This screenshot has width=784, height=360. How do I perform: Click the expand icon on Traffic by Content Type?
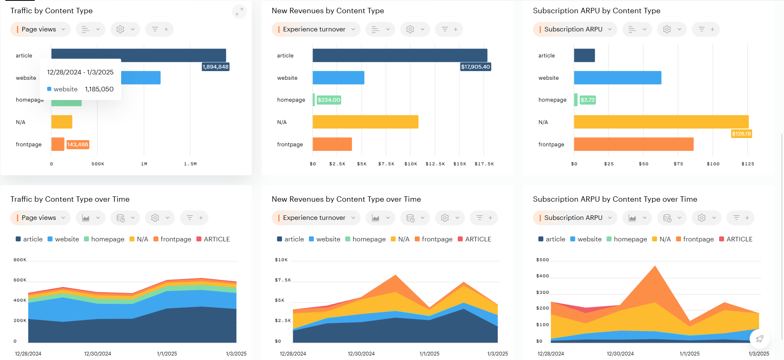[239, 12]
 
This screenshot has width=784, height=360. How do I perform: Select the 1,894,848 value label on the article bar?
[215, 67]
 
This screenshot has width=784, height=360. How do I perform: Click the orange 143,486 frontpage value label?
[78, 145]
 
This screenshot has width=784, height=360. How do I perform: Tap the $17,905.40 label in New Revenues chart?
[476, 67]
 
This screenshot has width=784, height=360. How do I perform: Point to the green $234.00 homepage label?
[329, 100]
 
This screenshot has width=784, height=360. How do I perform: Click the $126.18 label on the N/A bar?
[741, 134]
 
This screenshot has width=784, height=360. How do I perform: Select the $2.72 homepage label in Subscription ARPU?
[587, 100]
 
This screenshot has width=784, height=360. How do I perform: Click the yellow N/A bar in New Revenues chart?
[365, 122]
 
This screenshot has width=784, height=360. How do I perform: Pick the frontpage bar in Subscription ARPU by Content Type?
[633, 144]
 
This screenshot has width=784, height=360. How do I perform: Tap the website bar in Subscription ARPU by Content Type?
[617, 78]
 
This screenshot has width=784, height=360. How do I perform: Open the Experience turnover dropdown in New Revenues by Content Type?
[316, 29]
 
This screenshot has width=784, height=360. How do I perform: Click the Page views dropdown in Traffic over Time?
[41, 218]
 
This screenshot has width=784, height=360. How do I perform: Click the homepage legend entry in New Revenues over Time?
[366, 239]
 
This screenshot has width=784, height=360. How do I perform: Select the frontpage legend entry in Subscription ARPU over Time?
[695, 239]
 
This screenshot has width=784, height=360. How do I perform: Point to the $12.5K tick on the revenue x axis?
[435, 164]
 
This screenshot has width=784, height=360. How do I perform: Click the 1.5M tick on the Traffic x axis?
[190, 164]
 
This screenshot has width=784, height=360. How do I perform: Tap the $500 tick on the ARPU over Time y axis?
[543, 260]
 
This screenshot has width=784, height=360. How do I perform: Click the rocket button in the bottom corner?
[760, 339]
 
